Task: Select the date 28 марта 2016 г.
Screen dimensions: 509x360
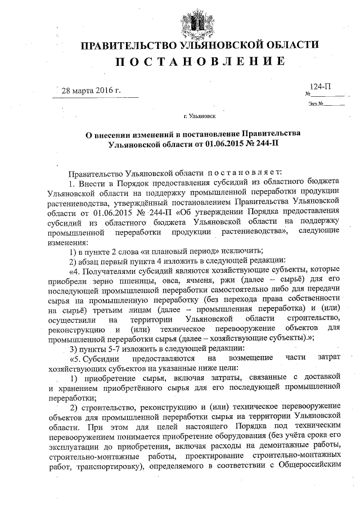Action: [91, 91]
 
